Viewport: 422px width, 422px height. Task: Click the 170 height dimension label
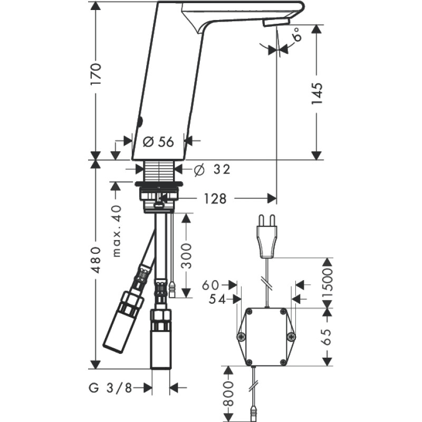[x=95, y=76]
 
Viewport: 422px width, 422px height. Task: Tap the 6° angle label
[x=298, y=35]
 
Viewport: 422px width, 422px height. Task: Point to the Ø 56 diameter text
[x=158, y=141]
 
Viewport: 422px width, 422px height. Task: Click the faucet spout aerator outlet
[x=273, y=24]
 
